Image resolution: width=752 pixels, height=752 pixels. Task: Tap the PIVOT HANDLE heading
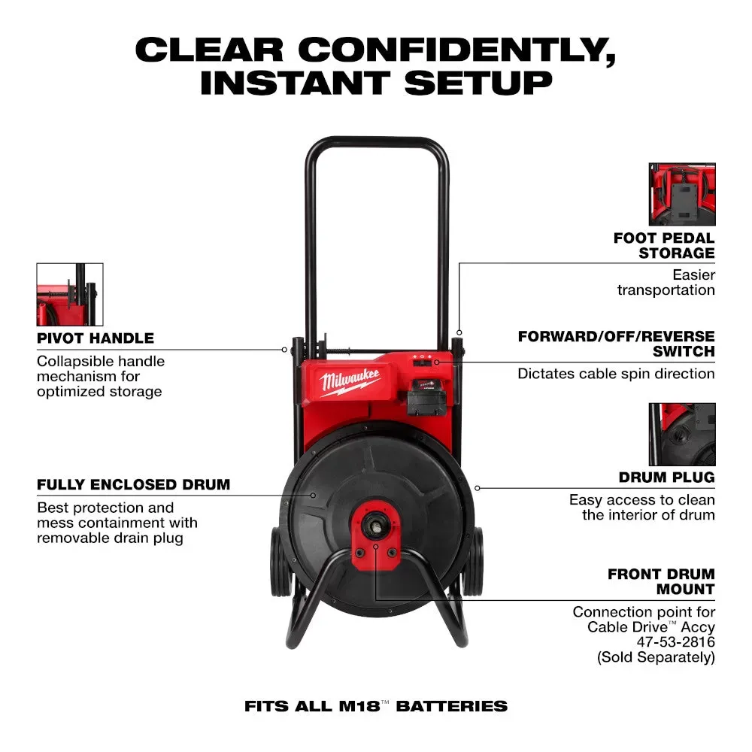(x=96, y=338)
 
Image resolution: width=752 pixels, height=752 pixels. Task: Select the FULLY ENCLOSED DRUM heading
(x=134, y=484)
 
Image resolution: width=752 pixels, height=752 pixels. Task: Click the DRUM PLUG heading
(x=666, y=478)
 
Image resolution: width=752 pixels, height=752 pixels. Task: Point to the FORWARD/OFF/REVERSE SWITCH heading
(x=616, y=344)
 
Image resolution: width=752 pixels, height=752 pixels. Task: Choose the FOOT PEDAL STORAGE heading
(x=664, y=246)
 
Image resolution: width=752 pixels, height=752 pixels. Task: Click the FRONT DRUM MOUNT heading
(x=662, y=581)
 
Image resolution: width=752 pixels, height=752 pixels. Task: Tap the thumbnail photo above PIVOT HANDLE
(x=70, y=294)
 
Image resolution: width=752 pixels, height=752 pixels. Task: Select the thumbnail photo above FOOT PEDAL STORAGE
(x=682, y=195)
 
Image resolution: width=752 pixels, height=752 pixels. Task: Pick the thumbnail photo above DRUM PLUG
(x=682, y=434)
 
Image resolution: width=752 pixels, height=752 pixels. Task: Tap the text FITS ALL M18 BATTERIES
(x=376, y=706)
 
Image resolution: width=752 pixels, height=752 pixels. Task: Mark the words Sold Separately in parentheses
(x=655, y=656)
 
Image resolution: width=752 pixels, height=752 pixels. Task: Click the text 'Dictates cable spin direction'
(x=616, y=374)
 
